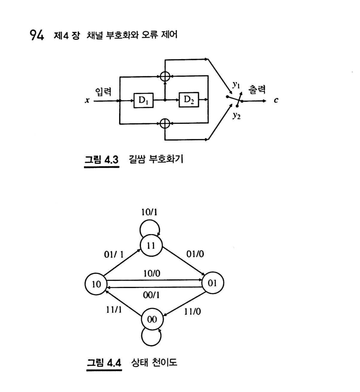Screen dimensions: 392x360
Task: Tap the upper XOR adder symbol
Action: [165, 76]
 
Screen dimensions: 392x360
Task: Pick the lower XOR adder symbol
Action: [165, 123]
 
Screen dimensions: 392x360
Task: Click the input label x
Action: [87, 101]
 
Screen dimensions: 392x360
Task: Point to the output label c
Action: [276, 101]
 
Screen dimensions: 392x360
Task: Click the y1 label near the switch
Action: [235, 85]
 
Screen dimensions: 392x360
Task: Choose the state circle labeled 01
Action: [212, 283]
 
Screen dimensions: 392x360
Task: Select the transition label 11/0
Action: [192, 311]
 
